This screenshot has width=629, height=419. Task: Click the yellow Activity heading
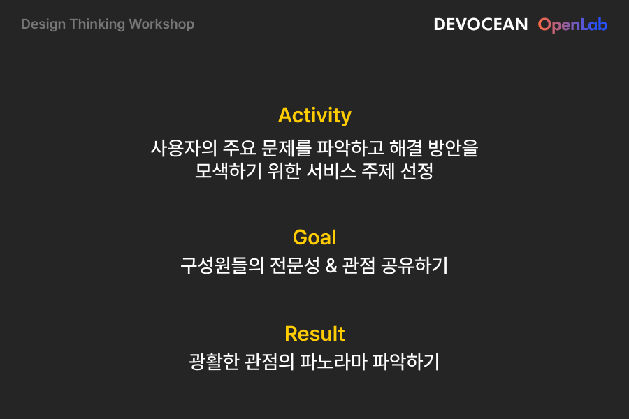tap(314, 116)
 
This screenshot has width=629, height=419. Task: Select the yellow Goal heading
tap(314, 237)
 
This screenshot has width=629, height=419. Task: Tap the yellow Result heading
tap(314, 334)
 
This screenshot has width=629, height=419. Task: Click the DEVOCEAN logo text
tap(481, 24)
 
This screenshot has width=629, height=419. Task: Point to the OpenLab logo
tap(572, 25)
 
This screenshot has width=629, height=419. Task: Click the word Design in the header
tap(43, 24)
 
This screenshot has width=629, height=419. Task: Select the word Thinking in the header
tap(97, 24)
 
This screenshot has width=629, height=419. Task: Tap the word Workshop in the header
tap(161, 24)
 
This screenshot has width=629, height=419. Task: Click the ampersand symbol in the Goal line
tap(331, 265)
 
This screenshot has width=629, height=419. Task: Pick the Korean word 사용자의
tap(184, 148)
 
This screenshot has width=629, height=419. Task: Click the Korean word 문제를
tap(286, 148)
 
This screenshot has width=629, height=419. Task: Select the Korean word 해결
tap(406, 148)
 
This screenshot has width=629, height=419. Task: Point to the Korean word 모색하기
tap(229, 171)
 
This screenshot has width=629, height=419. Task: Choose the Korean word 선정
tap(417, 171)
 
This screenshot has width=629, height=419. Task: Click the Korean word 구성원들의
tap(222, 265)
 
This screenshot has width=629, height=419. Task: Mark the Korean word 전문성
tap(295, 265)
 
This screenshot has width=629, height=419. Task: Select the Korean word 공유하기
tap(414, 265)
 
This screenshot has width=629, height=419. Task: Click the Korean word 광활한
tap(215, 362)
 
